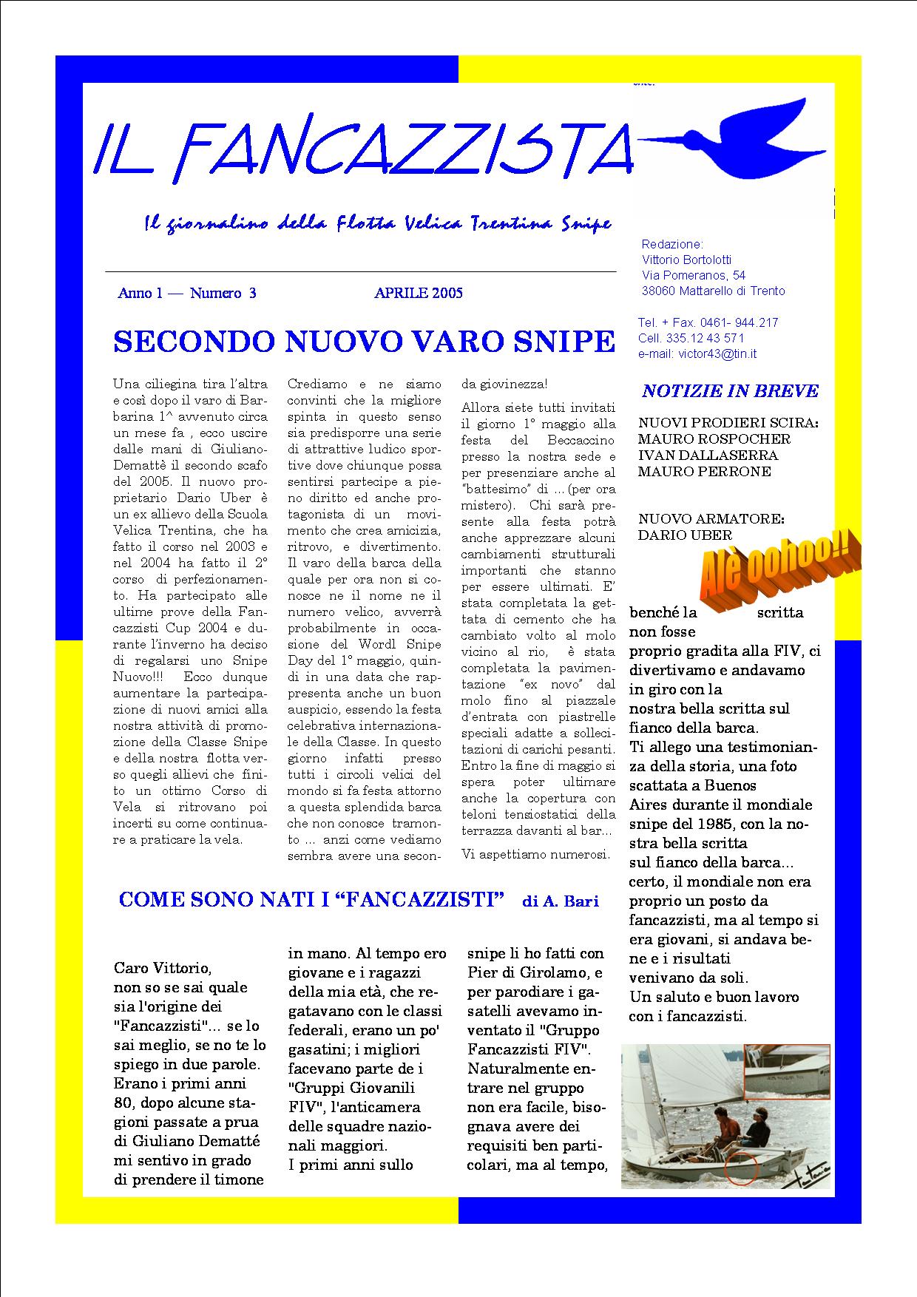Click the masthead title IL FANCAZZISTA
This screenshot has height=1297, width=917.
click(x=362, y=151)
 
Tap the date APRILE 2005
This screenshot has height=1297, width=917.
click(x=419, y=293)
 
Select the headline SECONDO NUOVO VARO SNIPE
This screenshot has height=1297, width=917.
click(x=364, y=342)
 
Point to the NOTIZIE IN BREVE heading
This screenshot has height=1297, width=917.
click(x=730, y=391)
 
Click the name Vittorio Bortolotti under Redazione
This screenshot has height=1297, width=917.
click(x=687, y=260)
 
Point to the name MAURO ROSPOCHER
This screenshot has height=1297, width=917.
click(x=714, y=439)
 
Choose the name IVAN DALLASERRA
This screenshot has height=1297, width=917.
click(x=708, y=456)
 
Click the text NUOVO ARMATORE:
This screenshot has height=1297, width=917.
click(x=711, y=519)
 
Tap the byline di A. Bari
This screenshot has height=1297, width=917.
click(x=561, y=901)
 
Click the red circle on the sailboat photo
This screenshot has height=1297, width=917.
click(x=741, y=1168)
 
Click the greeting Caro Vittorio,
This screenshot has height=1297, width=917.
click(x=163, y=968)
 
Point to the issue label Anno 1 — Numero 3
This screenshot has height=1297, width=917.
click(x=187, y=294)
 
